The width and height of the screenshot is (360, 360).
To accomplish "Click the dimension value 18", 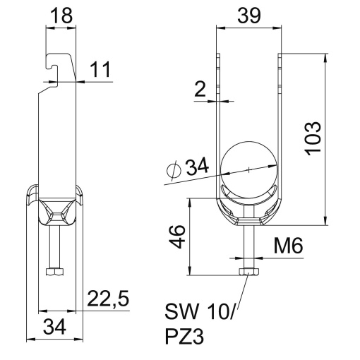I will (60, 16).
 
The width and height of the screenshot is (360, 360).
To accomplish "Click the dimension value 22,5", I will (107, 300).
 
